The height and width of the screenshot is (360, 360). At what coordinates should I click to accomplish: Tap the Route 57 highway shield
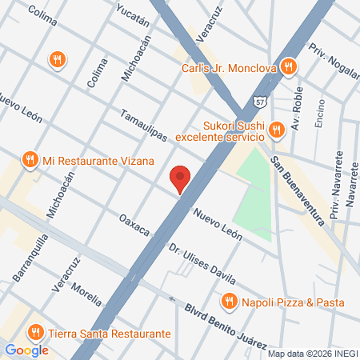point(260,102)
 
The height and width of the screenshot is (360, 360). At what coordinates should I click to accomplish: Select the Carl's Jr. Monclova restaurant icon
point(294,68)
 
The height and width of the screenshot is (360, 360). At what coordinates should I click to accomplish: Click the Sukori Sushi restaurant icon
point(276,128)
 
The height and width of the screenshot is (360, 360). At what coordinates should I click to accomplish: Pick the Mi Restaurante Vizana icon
point(30,159)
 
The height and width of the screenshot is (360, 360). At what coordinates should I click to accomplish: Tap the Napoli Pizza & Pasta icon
point(229,302)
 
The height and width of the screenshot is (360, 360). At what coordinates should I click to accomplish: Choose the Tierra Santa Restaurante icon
point(35,333)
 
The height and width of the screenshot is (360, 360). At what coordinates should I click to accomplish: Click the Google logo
point(26,350)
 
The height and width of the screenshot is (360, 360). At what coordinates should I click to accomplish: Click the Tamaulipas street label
point(144,125)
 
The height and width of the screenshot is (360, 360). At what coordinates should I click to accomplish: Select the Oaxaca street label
point(134,225)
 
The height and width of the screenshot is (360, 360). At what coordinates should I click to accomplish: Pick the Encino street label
point(319,111)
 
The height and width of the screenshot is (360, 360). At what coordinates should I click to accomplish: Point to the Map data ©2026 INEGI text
point(310,354)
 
